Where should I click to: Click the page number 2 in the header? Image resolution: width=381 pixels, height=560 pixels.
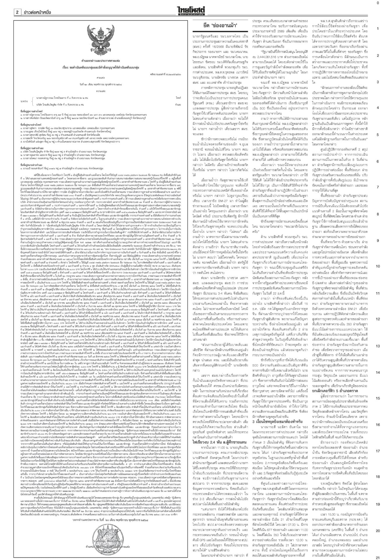point(17,12)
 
